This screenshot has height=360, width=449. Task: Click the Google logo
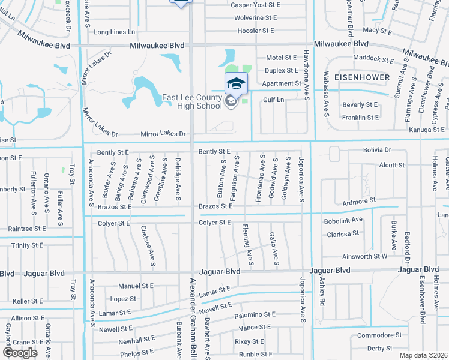pos(20,353)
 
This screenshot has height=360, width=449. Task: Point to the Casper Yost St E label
pos(256,5)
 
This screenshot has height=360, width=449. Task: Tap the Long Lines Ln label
pos(115,32)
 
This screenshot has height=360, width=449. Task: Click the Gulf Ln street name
pos(273,101)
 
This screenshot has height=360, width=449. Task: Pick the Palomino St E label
pos(255,314)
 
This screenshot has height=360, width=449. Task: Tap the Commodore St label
pos(379,335)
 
